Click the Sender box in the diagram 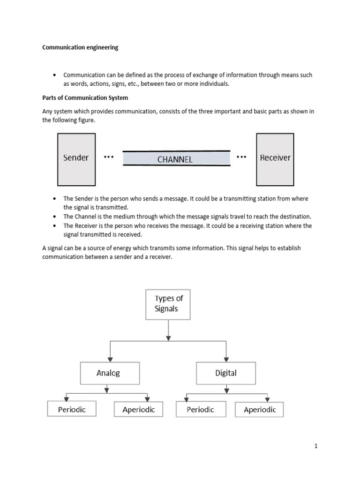tap(76, 159)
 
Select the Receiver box tap(275, 159)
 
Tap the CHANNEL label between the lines tap(175, 159)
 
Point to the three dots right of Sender tap(109, 157)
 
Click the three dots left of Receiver tap(241, 157)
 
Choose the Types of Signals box tap(168, 305)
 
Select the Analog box tap(110, 373)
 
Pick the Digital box tap(226, 373)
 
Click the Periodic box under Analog tap(72, 409)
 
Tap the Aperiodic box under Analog tap(138, 409)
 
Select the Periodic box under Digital tap(201, 410)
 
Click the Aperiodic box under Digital tap(259, 410)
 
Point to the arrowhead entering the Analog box tap(110, 360)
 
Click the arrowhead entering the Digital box tap(226, 360)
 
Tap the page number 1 tap(316, 446)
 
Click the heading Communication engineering tap(80, 47)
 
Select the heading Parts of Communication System tap(85, 98)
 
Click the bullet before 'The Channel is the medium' tap(54, 217)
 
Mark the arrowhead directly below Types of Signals tap(168, 338)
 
